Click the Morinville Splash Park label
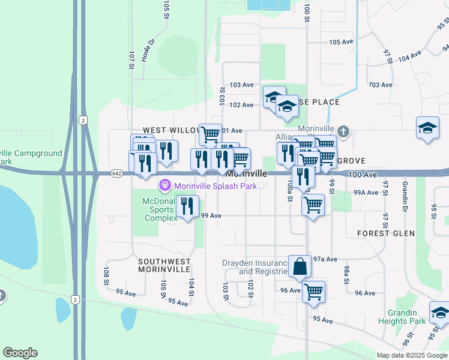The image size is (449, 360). click(x=215, y=186)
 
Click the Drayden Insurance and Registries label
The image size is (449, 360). click(x=256, y=267)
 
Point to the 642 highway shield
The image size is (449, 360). click(x=116, y=173)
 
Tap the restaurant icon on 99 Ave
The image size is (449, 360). click(x=187, y=207)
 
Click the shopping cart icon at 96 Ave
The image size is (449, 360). click(x=313, y=292)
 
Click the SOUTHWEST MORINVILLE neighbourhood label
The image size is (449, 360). click(x=164, y=266)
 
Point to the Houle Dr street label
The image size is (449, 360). click(x=148, y=50)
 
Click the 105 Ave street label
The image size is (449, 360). click(x=342, y=42)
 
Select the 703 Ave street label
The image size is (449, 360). click(x=380, y=85)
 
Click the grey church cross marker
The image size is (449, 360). click(x=343, y=131)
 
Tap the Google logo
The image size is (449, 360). click(x=20, y=353)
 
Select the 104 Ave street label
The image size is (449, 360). click(x=410, y=56)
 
